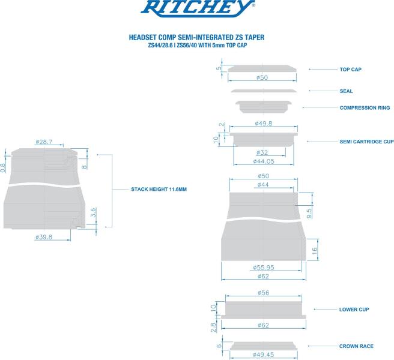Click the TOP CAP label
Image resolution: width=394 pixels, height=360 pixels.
[351, 69]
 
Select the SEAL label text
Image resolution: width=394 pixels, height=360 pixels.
[346, 91]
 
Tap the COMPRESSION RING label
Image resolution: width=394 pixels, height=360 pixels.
[365, 107]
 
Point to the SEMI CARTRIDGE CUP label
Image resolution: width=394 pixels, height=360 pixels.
[366, 142]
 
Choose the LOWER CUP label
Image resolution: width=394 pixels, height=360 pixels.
[354, 309]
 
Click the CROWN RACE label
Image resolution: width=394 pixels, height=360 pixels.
[356, 346]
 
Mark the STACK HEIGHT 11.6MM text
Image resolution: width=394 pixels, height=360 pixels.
[159, 189]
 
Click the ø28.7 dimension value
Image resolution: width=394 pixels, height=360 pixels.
[44, 142]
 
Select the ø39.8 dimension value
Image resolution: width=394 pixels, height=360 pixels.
[44, 237]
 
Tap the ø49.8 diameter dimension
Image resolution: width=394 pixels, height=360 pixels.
[264, 124]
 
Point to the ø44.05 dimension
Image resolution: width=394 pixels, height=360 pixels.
[264, 161]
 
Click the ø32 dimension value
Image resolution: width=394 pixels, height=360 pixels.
[262, 152]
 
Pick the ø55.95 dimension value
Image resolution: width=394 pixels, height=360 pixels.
[264, 268]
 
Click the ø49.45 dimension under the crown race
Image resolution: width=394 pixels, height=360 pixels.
[264, 355]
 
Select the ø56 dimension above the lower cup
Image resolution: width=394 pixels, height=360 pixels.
[263, 293]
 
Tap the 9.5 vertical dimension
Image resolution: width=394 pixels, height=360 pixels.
[309, 214]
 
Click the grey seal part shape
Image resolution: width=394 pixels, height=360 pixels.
[264, 91]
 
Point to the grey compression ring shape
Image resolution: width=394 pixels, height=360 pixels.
[263, 106]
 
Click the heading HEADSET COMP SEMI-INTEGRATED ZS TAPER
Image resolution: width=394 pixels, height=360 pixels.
[196, 37]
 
